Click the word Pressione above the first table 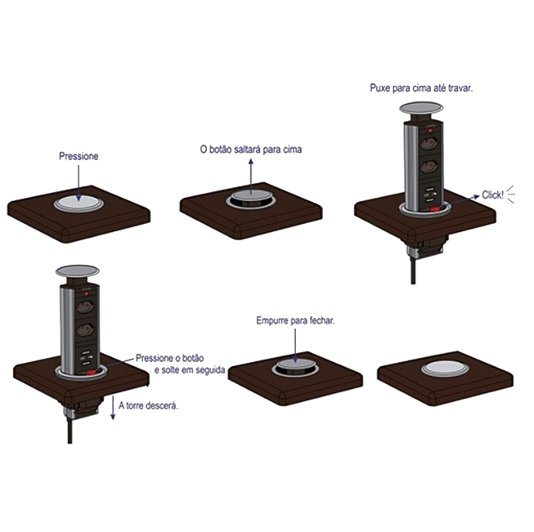click(x=79, y=156)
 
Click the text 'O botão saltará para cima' click(x=251, y=150)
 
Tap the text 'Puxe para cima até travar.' click(x=421, y=88)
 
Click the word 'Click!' click(x=492, y=195)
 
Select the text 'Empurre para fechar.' click(x=295, y=320)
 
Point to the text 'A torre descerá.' click(x=148, y=405)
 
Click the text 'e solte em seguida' click(x=190, y=370)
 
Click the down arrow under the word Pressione click(x=79, y=184)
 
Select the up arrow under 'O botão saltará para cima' click(x=251, y=177)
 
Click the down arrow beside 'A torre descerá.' click(x=113, y=408)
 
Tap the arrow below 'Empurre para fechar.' click(x=295, y=346)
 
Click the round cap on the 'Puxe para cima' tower click(x=421, y=108)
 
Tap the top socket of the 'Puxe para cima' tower click(x=430, y=145)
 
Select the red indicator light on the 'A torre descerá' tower click(x=87, y=293)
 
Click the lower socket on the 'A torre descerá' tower click(x=86, y=330)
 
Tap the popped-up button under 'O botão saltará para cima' click(x=251, y=197)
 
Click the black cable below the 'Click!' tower click(x=413, y=270)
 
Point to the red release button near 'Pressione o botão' click(x=91, y=373)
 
